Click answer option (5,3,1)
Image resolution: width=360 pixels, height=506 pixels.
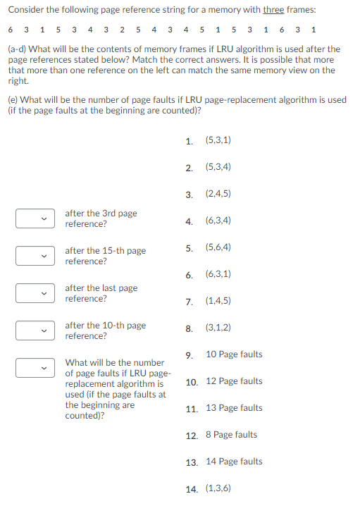coord(218,140)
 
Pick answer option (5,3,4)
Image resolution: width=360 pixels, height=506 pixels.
coord(218,167)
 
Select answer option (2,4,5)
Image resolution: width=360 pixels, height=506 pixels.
coord(218,194)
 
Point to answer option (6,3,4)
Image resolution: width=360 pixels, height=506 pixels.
coord(218,221)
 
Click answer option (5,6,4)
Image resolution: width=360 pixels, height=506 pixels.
coord(218,247)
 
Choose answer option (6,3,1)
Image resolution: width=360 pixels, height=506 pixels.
coord(218,274)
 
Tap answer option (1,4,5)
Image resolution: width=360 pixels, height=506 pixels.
coord(218,301)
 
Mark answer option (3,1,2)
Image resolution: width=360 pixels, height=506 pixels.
coord(218,328)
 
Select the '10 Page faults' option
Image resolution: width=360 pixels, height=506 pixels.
coord(233,354)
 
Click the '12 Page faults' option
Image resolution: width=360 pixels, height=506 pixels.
coord(233,381)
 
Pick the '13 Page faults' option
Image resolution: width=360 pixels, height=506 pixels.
coord(233,408)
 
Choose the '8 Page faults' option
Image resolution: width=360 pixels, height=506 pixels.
coord(231,435)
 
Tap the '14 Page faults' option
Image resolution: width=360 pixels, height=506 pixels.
coord(233,462)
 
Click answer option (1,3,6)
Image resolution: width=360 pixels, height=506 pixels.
coord(218,488)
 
